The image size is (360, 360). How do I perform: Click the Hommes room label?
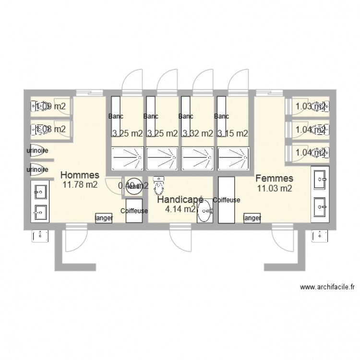[80, 175]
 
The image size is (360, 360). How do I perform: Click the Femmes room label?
[274, 179]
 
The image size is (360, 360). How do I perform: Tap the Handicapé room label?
[180, 199]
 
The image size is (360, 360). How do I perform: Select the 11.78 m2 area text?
[80, 185]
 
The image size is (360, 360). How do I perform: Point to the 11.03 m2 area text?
[275, 189]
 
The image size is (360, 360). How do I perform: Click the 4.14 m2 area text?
[180, 209]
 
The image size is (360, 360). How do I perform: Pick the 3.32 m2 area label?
[197, 134]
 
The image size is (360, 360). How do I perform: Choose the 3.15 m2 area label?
[232, 134]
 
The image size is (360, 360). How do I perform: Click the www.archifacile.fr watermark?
[327, 288]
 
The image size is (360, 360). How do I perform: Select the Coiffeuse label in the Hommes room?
[134, 211]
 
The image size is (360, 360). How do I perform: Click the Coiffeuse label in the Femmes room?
[226, 200]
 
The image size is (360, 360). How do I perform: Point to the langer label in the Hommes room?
[104, 218]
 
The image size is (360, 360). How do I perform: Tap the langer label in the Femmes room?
[252, 218]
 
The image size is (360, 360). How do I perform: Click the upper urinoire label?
[37, 151]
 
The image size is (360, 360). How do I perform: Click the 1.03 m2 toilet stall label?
[311, 107]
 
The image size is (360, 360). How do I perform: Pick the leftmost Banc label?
[116, 117]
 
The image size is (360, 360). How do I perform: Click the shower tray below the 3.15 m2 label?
[233, 158]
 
